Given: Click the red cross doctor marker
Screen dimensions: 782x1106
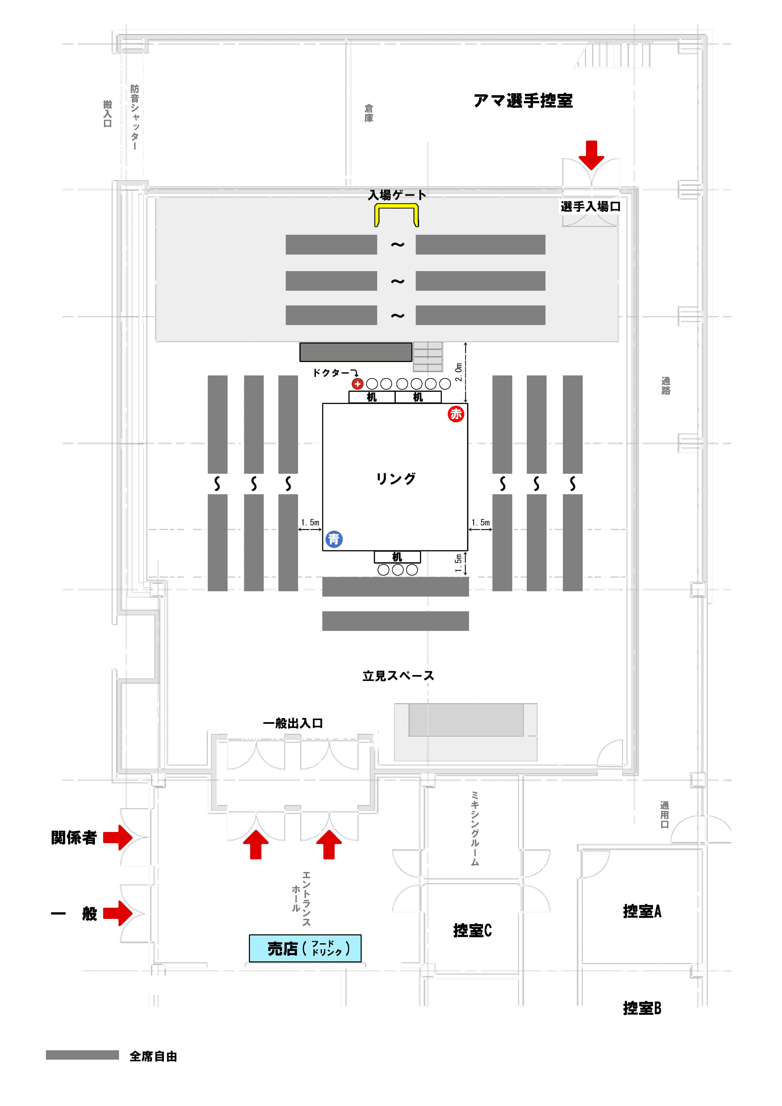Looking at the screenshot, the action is (x=357, y=384).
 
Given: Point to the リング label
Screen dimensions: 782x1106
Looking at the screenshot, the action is (x=396, y=479).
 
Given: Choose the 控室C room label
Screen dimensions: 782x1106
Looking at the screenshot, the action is (x=472, y=930).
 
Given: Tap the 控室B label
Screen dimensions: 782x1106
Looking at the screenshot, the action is (x=642, y=1008).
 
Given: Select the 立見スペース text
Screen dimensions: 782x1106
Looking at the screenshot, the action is (x=398, y=676).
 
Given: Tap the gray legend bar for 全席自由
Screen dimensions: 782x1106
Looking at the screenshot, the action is (x=82, y=1055).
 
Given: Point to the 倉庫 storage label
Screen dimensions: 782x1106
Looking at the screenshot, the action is (x=369, y=113).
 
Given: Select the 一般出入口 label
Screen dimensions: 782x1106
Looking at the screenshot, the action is (x=293, y=723).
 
